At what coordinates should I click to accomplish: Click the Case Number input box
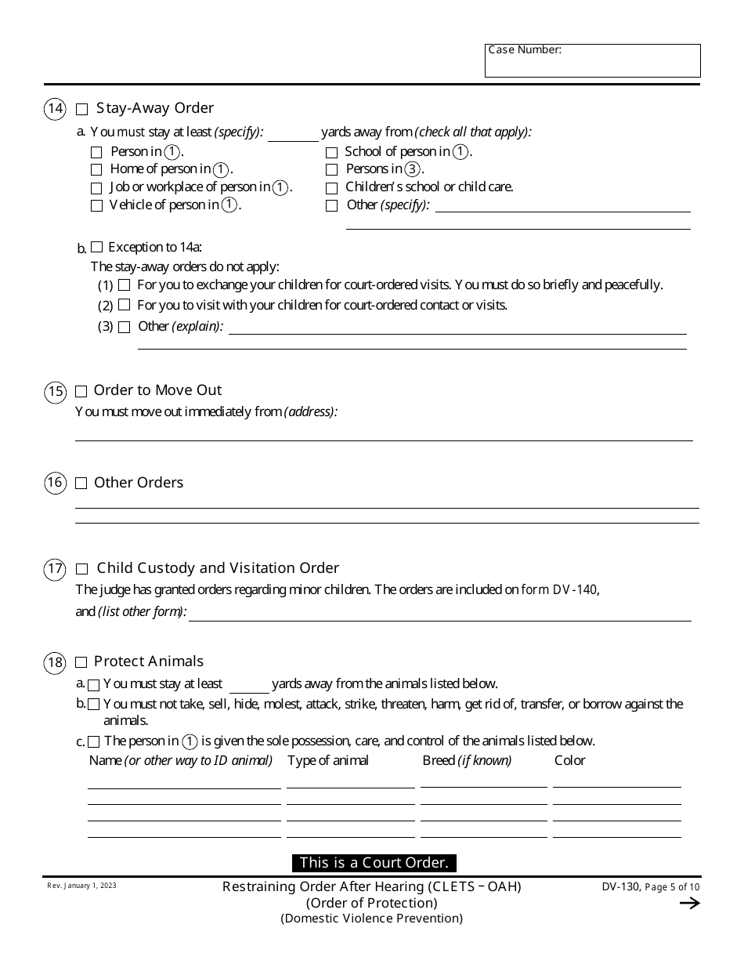click(592, 61)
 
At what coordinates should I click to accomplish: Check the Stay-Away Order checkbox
click(81, 110)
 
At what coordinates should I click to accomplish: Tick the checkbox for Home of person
click(96, 169)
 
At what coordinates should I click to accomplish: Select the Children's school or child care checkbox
click(331, 188)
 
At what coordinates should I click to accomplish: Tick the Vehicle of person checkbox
click(96, 206)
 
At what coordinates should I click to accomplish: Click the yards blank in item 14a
click(293, 134)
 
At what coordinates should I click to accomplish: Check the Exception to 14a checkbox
click(96, 248)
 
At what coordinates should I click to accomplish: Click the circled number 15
click(55, 392)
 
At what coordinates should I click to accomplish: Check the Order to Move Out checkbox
click(81, 392)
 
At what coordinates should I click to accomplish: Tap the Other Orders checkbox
click(81, 484)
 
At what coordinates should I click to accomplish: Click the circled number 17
click(55, 569)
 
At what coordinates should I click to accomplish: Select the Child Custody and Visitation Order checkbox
click(82, 569)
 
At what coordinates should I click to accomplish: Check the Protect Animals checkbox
click(81, 663)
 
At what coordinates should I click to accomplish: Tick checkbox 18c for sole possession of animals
click(94, 741)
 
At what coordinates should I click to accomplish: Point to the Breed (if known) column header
click(467, 760)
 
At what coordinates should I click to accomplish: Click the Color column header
click(569, 760)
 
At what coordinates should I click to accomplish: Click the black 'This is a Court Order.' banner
click(374, 863)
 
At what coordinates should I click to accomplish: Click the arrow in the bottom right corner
click(689, 904)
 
